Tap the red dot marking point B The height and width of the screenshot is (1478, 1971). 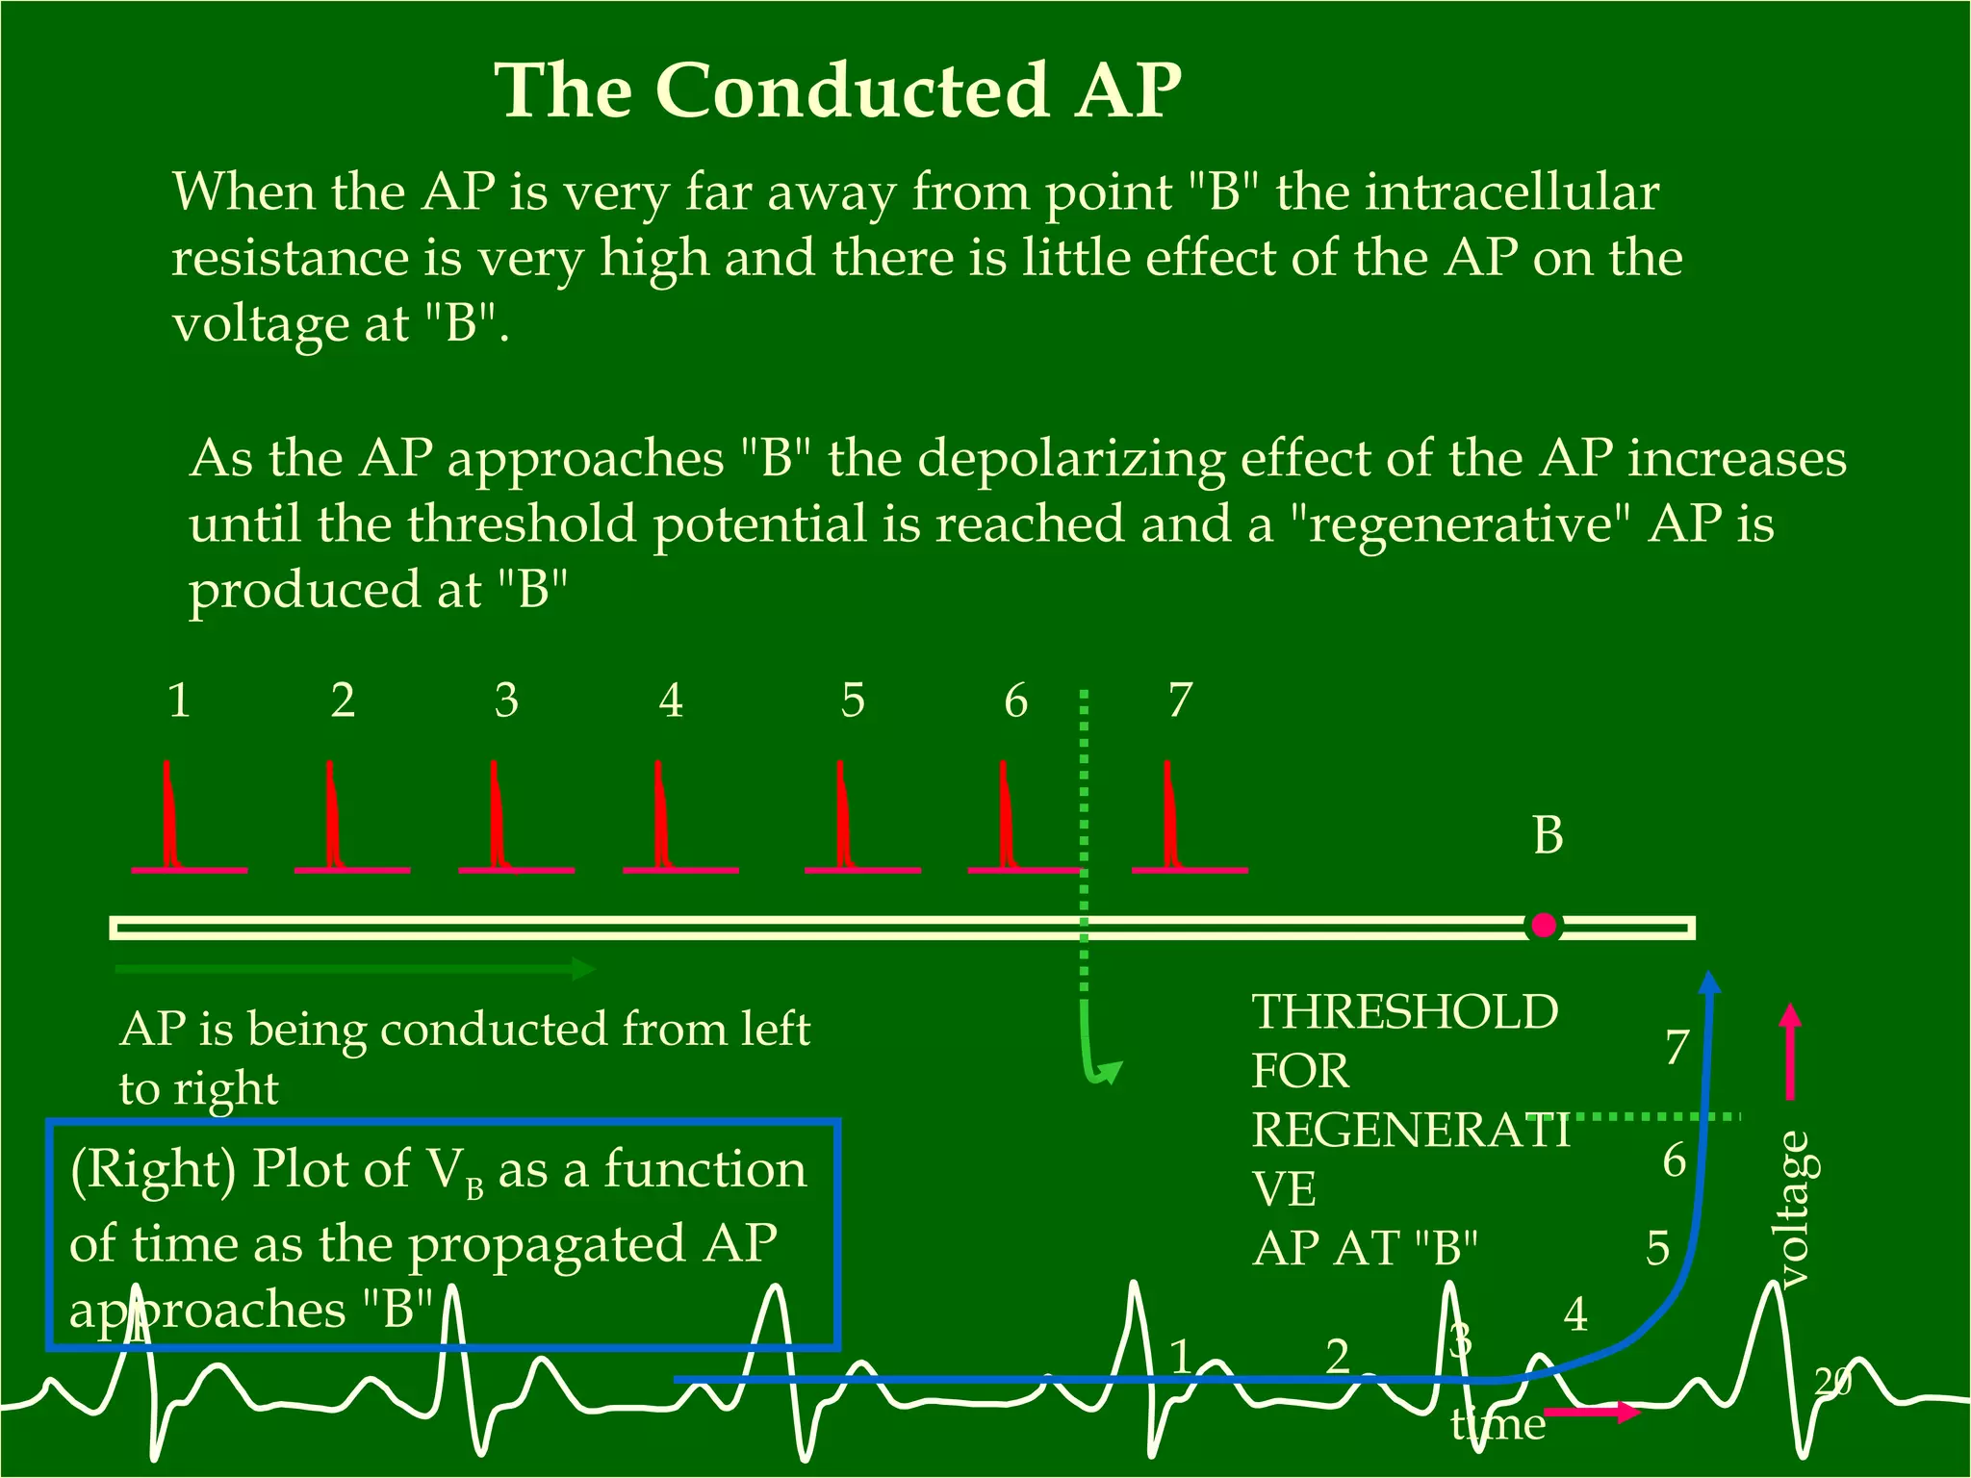(x=1544, y=926)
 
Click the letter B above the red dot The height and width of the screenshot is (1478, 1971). (x=1548, y=834)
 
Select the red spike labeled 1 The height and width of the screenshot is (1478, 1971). (x=169, y=818)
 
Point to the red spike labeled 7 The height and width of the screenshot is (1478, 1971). (x=1170, y=818)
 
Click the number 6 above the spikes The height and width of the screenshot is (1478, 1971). (x=1016, y=700)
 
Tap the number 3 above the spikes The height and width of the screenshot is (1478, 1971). (x=506, y=700)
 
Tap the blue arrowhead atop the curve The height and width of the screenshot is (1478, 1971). (x=1709, y=982)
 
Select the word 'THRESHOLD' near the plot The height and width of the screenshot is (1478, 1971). (x=1404, y=1011)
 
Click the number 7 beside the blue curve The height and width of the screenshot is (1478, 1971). (x=1677, y=1047)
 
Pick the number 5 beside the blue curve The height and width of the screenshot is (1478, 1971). (x=1657, y=1247)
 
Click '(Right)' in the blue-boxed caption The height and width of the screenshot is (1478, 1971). (x=153, y=1170)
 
